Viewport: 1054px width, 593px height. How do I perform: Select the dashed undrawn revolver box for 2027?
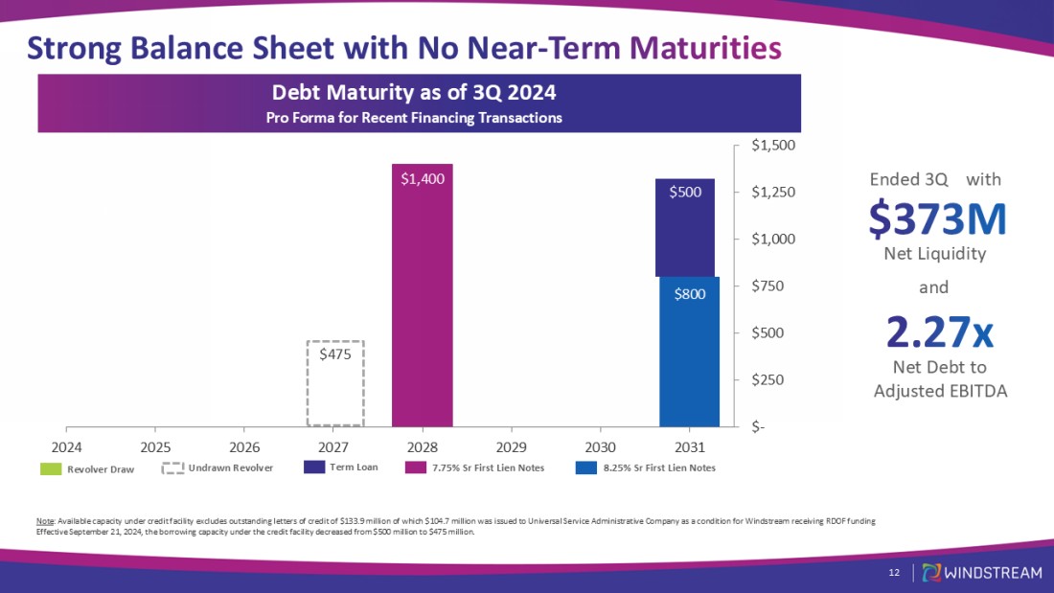pos(335,383)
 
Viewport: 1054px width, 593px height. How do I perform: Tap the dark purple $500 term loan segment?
pos(685,227)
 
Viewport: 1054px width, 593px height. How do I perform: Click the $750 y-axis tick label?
pos(770,285)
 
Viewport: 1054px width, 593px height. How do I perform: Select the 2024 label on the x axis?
pos(66,446)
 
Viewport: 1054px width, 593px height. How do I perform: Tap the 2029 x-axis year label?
pos(512,446)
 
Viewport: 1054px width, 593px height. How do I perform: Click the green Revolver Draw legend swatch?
pos(51,469)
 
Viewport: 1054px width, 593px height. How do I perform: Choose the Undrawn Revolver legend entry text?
pos(231,468)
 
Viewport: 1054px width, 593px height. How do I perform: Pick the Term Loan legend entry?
pos(354,468)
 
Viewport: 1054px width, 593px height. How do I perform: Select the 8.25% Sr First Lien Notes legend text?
pos(659,468)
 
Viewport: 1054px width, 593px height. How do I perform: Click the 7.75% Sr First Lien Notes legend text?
pos(488,468)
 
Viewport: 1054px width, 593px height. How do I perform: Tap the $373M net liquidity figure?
pos(937,219)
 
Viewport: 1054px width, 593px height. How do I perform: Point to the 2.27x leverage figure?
pos(939,332)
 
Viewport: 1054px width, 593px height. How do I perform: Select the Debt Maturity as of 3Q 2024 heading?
pos(414,94)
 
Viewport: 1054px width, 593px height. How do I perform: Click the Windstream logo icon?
pos(930,573)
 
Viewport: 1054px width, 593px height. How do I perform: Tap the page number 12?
pos(894,573)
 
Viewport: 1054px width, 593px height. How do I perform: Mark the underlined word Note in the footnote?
pos(43,521)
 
